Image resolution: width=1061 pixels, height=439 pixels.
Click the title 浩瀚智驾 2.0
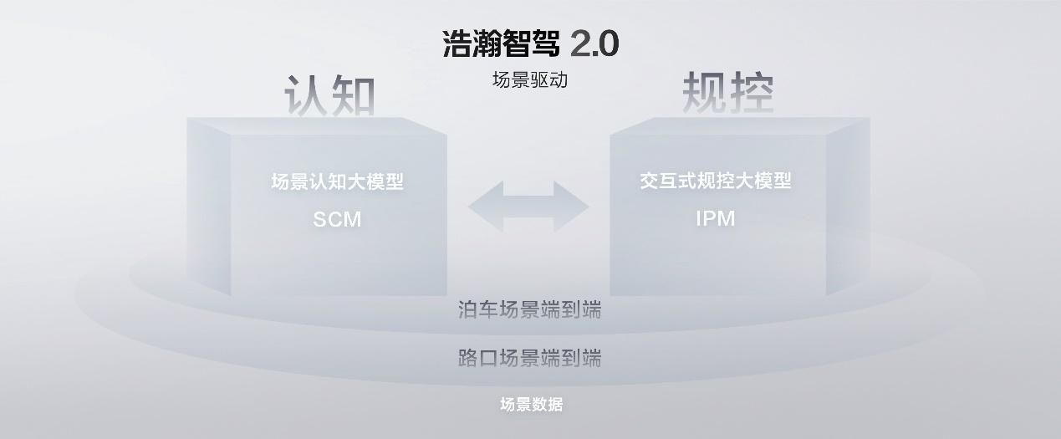click(531, 43)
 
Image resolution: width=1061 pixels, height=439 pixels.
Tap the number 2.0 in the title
click(594, 44)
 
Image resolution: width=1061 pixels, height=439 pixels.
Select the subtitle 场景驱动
click(530, 79)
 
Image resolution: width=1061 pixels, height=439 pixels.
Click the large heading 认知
click(329, 94)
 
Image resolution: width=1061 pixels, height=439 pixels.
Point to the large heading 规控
click(728, 92)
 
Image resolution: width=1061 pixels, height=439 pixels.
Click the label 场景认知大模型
click(337, 181)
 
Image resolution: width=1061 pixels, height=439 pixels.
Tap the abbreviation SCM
click(337, 219)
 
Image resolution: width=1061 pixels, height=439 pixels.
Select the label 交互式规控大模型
click(716, 181)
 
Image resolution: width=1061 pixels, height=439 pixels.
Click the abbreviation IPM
click(716, 218)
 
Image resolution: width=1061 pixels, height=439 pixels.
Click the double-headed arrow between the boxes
click(528, 207)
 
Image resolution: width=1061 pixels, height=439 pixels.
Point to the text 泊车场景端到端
click(529, 309)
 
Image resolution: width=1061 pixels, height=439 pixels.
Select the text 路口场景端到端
click(529, 358)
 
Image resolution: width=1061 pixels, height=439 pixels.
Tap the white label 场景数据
click(532, 405)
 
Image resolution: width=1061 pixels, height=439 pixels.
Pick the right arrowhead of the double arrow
click(572, 207)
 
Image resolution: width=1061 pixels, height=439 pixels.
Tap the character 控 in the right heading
click(752, 92)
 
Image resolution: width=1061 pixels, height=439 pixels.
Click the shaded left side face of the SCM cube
click(209, 207)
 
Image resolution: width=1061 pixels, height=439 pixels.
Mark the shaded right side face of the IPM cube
click(848, 207)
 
